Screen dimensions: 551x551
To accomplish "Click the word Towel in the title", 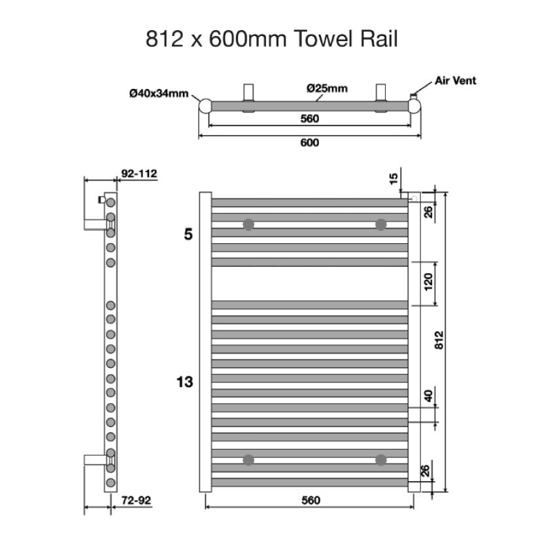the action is pyautogui.click(x=323, y=39).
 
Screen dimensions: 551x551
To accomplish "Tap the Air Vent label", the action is pyautogui.click(x=456, y=81).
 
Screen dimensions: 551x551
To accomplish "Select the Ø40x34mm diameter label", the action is pyautogui.click(x=159, y=93).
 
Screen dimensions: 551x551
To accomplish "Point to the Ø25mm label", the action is pyautogui.click(x=327, y=88).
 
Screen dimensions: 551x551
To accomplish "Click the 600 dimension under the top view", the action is pyautogui.click(x=310, y=142).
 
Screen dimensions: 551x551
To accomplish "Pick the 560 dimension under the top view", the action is pyautogui.click(x=310, y=119).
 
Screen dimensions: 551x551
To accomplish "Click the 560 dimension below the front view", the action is pyautogui.click(x=311, y=501).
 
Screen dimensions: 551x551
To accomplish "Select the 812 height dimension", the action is pyautogui.click(x=439, y=340).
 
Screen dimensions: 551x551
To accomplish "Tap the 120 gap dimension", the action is pyautogui.click(x=428, y=282).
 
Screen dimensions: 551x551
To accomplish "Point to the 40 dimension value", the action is pyautogui.click(x=428, y=396).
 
